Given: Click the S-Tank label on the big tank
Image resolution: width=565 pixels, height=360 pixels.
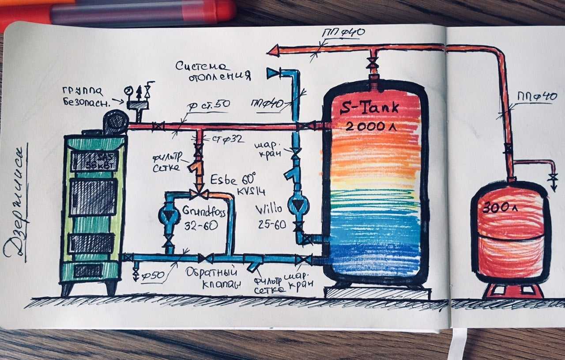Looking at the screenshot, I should coord(369,107).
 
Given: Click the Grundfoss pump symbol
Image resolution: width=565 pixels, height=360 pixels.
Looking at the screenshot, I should coord(169,215).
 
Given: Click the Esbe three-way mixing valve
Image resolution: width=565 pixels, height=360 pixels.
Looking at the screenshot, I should coord(199,194).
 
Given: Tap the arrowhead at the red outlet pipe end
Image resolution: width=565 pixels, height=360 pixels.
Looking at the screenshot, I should coord(273,50).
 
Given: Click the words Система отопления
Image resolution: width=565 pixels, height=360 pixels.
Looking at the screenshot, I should coord(213,71).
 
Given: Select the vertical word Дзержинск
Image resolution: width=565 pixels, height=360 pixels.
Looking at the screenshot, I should coord(17,203).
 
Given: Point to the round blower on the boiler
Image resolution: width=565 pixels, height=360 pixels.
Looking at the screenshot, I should coord(116,121).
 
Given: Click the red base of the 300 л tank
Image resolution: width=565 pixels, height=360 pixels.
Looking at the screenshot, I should coord(512,291).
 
